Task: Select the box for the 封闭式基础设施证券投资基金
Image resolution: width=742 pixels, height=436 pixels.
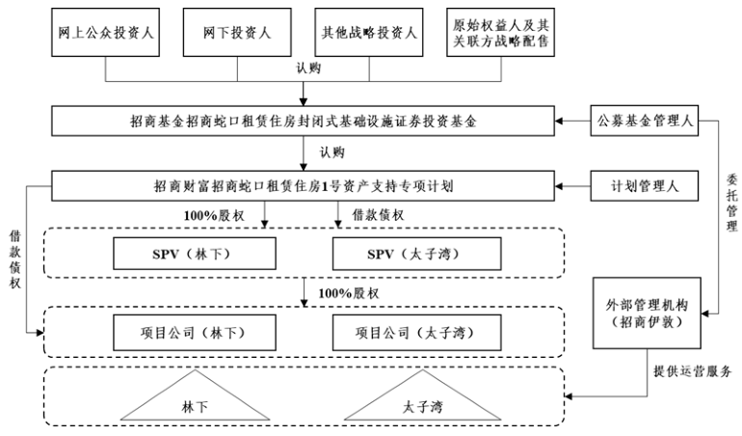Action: coord(304,123)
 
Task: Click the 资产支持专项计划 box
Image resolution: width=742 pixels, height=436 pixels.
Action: coord(304,184)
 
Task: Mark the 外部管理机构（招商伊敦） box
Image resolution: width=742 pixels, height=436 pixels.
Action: coord(640,313)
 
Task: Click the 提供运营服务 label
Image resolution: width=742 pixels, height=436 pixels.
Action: coord(690,372)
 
